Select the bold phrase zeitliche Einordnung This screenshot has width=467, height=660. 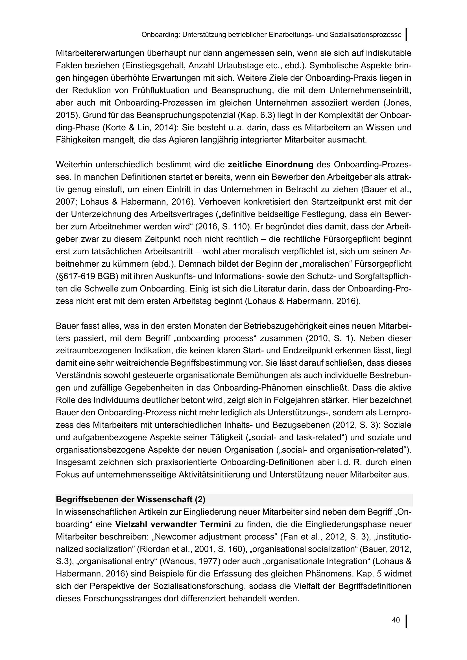tap(270, 165)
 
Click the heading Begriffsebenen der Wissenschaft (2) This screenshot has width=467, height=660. tap(130, 499)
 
